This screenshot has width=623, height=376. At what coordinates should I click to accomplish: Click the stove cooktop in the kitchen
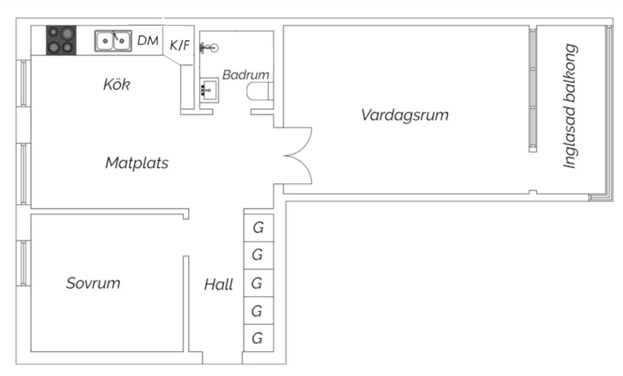tap(61, 40)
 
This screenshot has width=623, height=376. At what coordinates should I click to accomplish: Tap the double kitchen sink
tap(113, 41)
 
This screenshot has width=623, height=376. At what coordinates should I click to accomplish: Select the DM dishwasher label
tap(148, 40)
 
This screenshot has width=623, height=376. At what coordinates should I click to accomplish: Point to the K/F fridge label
tap(179, 44)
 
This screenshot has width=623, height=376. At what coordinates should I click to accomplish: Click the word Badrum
tap(246, 75)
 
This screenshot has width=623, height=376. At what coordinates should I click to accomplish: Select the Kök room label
tap(116, 84)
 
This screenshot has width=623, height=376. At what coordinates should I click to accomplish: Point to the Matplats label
tap(137, 163)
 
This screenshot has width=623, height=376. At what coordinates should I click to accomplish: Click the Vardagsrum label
tap(405, 115)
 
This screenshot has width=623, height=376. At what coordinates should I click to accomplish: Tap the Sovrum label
tap(93, 283)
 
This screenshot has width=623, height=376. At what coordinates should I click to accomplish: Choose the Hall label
tap(218, 285)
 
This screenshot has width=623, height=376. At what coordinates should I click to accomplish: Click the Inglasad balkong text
tap(570, 106)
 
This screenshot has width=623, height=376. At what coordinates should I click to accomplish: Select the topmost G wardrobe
tap(258, 227)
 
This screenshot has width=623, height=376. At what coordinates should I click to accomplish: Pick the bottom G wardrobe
tap(257, 338)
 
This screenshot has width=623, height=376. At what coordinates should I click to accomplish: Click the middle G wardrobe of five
tap(257, 283)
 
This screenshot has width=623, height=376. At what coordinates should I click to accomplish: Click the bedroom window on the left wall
tap(24, 263)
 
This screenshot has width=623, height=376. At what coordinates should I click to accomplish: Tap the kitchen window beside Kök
tap(24, 83)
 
